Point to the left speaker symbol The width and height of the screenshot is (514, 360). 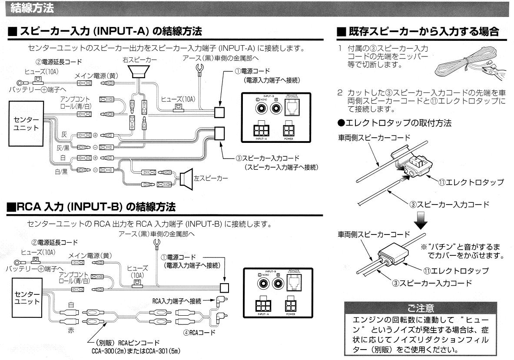coord(186,177)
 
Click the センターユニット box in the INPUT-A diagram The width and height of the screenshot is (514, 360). coord(27,123)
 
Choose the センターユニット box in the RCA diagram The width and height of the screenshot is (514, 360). coord(27,297)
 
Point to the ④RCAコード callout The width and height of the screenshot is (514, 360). coord(199,333)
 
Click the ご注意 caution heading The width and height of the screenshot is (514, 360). coord(420,308)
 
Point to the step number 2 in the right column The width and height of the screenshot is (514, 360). coord(340,93)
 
